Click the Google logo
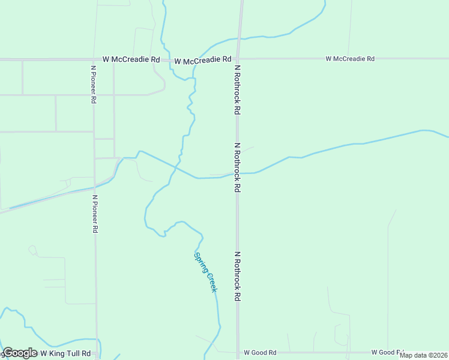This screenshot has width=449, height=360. tap(20, 353)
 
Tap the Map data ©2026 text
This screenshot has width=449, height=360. tap(424, 355)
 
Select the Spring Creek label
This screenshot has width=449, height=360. tap(205, 272)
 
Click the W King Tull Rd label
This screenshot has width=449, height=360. tap(65, 354)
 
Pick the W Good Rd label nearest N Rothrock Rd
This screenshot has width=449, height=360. tap(260, 353)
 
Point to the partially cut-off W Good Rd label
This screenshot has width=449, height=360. tap(388, 352)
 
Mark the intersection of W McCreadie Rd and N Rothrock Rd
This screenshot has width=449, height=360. tap(239, 59)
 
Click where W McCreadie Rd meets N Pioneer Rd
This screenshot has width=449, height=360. tap(93, 59)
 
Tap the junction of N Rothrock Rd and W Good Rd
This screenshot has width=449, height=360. tap(238, 352)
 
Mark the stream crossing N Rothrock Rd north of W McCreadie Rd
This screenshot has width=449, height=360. tap(240, 39)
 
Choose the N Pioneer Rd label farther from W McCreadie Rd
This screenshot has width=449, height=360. tap(95, 213)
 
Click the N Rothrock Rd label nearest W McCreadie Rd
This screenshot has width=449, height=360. tap(238, 90)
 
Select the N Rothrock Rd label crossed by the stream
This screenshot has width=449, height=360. tap(238, 167)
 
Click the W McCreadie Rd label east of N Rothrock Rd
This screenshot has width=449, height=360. tap(350, 59)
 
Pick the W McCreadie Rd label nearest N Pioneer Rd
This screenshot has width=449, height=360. tap(131, 59)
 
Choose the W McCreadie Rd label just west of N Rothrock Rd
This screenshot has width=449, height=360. tap(203, 60)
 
